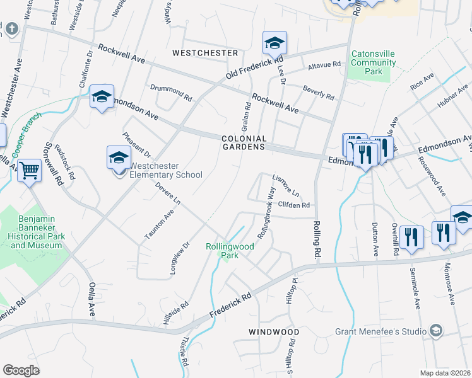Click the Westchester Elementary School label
[165, 171]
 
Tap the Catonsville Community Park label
[374, 63]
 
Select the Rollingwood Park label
[230, 251]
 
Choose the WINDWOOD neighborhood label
[273, 331]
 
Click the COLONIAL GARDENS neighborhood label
[244, 142]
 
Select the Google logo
[21, 370]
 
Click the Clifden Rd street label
[294, 205]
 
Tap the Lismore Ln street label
[285, 184]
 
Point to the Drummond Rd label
[170, 93]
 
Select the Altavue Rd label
[324, 65]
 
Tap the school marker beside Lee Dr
[274, 43]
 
